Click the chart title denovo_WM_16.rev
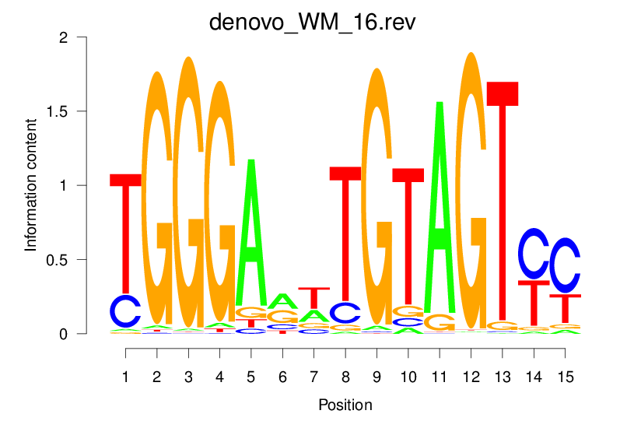tap(313, 21)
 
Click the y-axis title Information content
tap(31, 185)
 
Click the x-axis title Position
tap(345, 405)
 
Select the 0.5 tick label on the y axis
tap(78, 259)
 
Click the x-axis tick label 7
tap(313, 377)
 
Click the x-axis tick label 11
tap(440, 377)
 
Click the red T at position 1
tap(126, 233)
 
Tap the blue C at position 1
tap(126, 311)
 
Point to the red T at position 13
tap(503, 202)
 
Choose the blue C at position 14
tap(534, 254)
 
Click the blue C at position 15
tap(565, 265)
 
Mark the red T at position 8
tap(345, 233)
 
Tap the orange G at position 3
tap(188, 195)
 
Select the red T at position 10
tap(408, 233)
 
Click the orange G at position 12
tap(471, 195)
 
